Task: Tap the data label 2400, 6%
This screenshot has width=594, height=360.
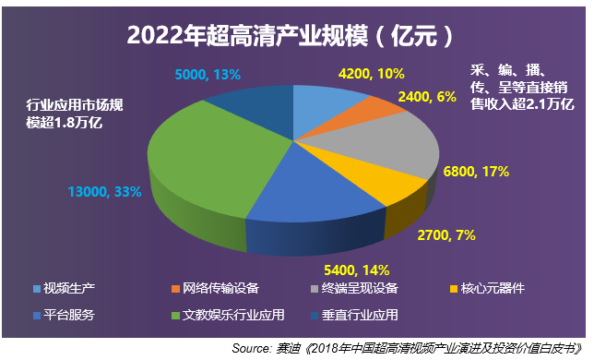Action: [x=425, y=95]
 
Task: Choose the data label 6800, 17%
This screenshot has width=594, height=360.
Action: [x=478, y=172]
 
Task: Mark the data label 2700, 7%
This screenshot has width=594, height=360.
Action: [x=447, y=235]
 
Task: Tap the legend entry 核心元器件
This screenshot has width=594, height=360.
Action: [x=494, y=288]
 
